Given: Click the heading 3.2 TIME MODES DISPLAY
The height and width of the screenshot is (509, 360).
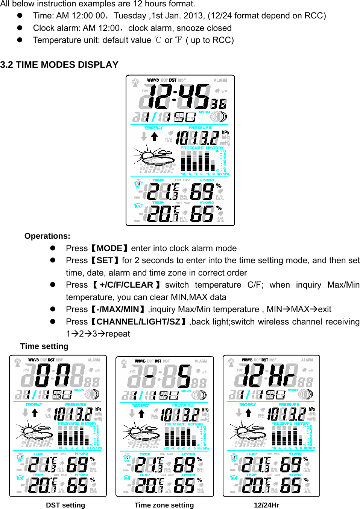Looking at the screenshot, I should (59, 65).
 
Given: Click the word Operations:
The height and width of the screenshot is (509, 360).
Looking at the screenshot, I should (47, 236).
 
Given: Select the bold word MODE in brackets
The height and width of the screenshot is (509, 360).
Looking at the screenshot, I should (109, 248).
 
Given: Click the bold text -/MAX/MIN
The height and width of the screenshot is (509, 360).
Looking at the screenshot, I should (118, 309).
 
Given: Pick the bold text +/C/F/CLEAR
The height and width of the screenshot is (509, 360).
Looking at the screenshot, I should (126, 285).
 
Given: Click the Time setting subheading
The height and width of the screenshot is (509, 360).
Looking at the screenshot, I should (44, 346).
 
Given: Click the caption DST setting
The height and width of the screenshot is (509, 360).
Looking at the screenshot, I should (65, 505).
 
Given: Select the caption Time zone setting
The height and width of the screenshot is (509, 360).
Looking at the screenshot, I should (164, 505).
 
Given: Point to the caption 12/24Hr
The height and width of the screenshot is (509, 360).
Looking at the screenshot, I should (266, 505).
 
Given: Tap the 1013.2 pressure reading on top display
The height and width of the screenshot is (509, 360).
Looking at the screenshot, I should (197, 138).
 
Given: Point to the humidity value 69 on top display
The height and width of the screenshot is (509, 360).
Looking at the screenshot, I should (202, 191).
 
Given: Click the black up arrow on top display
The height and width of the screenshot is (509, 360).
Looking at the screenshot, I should (154, 137).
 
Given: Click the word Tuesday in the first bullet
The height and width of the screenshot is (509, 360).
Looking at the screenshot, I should (130, 16).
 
